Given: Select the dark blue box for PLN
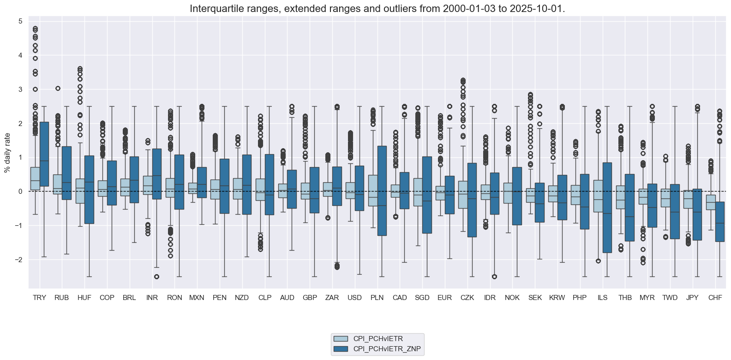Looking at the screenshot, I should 382,191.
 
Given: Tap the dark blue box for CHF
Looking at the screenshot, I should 719,222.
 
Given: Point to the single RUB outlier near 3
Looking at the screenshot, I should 58,88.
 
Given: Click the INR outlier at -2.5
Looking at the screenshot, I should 156,276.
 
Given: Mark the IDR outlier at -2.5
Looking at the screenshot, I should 494,276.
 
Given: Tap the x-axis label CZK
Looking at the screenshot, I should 467,298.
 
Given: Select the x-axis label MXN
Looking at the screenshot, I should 197,298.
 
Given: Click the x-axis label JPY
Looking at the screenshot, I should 692,298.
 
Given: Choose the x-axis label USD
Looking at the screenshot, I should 354,298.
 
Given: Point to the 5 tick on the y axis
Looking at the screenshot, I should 20,21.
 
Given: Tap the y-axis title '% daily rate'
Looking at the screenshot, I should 7,152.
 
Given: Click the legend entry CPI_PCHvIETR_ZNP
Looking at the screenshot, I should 387,349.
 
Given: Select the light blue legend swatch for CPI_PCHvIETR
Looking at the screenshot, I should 341,339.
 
